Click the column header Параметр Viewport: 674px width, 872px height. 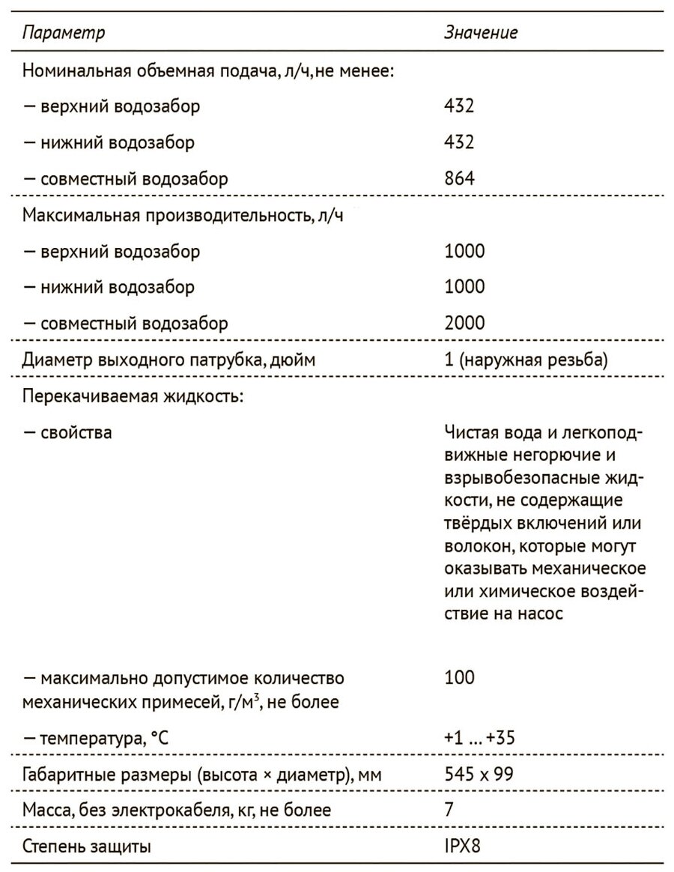64,33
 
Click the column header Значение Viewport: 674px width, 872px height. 481,33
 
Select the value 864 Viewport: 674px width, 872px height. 459,178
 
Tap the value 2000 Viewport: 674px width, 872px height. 464,324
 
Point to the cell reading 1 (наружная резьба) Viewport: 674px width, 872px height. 524,360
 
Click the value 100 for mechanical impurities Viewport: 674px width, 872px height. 459,677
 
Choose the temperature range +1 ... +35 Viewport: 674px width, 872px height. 479,739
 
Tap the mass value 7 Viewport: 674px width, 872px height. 449,811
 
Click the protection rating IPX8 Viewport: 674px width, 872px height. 464,847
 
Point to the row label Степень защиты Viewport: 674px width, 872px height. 86,847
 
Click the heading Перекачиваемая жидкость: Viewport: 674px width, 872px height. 133,396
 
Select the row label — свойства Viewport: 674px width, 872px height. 67,432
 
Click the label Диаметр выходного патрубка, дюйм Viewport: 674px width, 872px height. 168,360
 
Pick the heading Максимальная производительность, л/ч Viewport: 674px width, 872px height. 188,215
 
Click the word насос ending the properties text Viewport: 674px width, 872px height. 541,613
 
